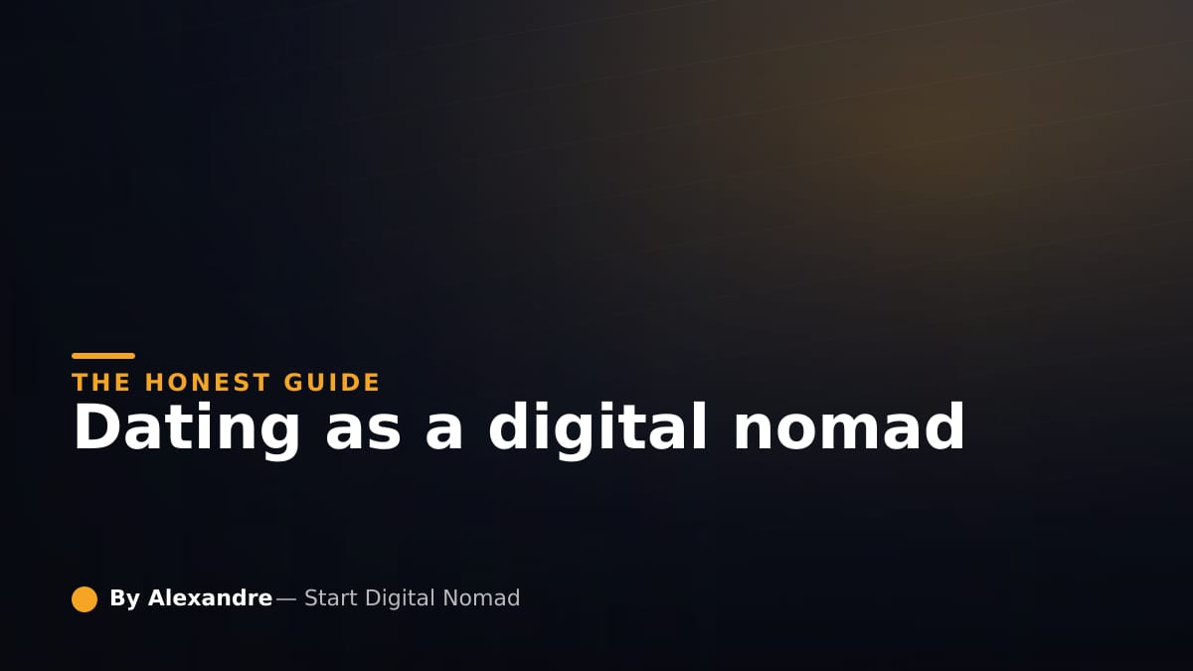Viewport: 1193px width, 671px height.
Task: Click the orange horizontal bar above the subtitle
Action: [x=103, y=356]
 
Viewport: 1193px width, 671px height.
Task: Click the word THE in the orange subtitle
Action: [x=101, y=383]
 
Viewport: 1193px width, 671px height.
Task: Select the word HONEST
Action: [x=207, y=383]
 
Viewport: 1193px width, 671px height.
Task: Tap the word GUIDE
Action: [x=332, y=383]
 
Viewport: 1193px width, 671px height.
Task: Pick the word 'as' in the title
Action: [x=363, y=434]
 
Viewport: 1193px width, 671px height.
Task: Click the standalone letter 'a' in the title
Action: [x=443, y=434]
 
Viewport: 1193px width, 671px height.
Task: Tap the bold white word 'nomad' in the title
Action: [x=849, y=427]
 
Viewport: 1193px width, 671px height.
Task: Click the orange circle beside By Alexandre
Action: [x=85, y=599]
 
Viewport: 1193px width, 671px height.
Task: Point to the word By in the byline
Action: [x=124, y=599]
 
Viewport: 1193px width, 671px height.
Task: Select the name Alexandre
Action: [x=211, y=598]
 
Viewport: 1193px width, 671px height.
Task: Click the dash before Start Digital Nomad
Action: [x=286, y=599]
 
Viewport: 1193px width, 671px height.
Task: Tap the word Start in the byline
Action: [x=331, y=598]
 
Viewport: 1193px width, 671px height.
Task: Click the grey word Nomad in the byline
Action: [x=481, y=598]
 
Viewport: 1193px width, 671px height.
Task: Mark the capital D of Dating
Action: [x=96, y=427]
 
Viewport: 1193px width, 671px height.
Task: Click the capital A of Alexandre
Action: [x=158, y=598]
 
